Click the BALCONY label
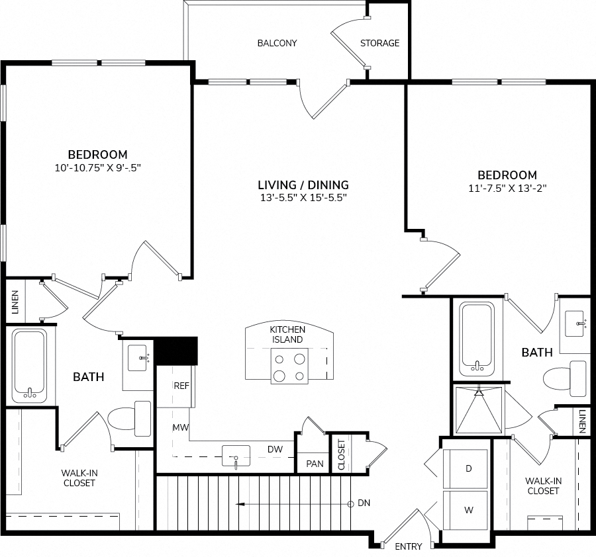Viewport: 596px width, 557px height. [x=277, y=43]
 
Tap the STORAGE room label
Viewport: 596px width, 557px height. [x=379, y=43]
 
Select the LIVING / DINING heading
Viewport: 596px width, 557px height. [x=303, y=185]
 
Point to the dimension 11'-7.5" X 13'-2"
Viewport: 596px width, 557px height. [x=507, y=189]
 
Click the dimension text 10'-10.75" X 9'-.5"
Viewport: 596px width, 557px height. [x=98, y=168]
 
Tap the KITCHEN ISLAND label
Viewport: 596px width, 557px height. [x=287, y=335]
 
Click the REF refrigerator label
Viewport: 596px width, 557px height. [x=181, y=386]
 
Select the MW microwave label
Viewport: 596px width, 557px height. [x=181, y=427]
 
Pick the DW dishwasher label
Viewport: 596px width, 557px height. [x=275, y=449]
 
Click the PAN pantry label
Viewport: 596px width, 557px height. [x=315, y=464]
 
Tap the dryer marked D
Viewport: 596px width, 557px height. [x=466, y=469]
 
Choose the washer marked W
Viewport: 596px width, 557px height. [x=466, y=510]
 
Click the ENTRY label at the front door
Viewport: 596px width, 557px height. [x=409, y=546]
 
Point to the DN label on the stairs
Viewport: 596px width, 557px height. [x=364, y=503]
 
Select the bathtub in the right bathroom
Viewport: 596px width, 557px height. [x=477, y=339]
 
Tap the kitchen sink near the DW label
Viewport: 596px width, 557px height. [x=236, y=456]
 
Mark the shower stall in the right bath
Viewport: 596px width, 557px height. [x=479, y=409]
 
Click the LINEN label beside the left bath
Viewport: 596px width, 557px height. [x=15, y=302]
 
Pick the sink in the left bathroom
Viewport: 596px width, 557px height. [x=138, y=358]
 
